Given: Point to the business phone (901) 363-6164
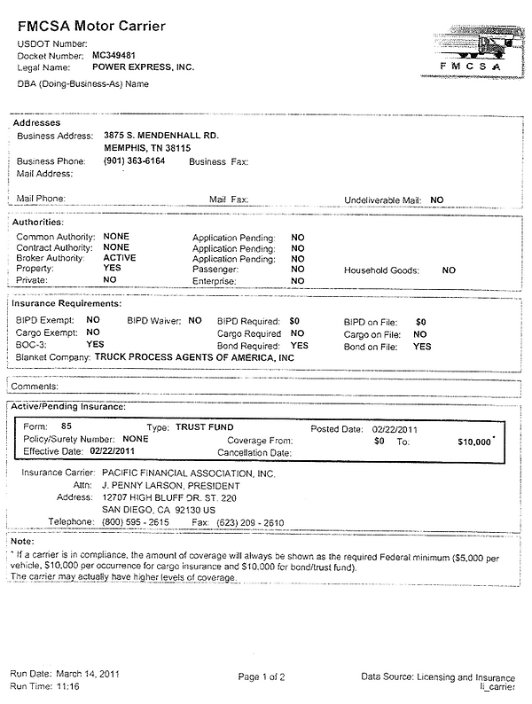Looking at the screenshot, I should point(134,162).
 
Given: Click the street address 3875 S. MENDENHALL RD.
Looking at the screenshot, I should point(160,136).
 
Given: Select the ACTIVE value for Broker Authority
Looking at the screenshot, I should point(120,258).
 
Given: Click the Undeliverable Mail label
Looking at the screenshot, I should point(382,201).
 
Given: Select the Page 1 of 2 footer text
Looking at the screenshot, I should point(262,677).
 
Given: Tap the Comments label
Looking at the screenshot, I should point(36,387).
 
